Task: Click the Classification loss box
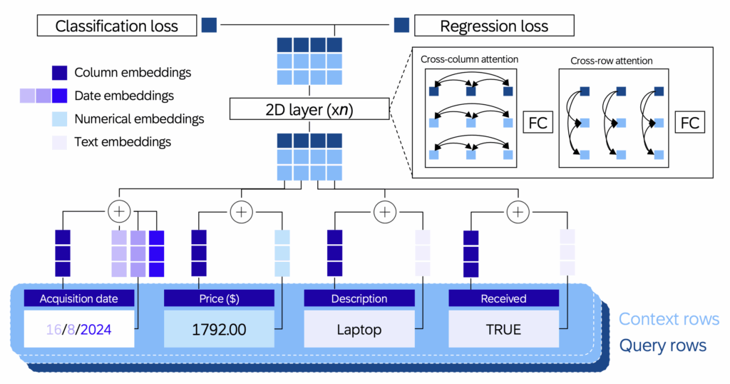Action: click(x=117, y=26)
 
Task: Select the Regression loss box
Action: click(x=494, y=26)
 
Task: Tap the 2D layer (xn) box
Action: click(x=309, y=109)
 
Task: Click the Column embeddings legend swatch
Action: click(x=60, y=73)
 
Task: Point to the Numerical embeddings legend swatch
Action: click(x=60, y=118)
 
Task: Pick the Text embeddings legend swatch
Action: click(x=60, y=142)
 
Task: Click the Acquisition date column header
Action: click(x=79, y=298)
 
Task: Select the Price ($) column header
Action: click(x=219, y=298)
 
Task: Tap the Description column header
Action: click(x=359, y=298)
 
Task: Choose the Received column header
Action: click(x=504, y=298)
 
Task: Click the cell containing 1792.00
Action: click(x=219, y=329)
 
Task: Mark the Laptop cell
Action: click(x=359, y=329)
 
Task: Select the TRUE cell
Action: click(x=504, y=329)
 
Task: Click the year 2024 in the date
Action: click(x=96, y=330)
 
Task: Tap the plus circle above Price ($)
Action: click(x=241, y=212)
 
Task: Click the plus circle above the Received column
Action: click(x=518, y=212)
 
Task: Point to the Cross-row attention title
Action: click(x=611, y=61)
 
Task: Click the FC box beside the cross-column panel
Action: click(x=538, y=123)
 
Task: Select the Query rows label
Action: click(x=662, y=345)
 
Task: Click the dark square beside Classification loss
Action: click(x=209, y=25)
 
